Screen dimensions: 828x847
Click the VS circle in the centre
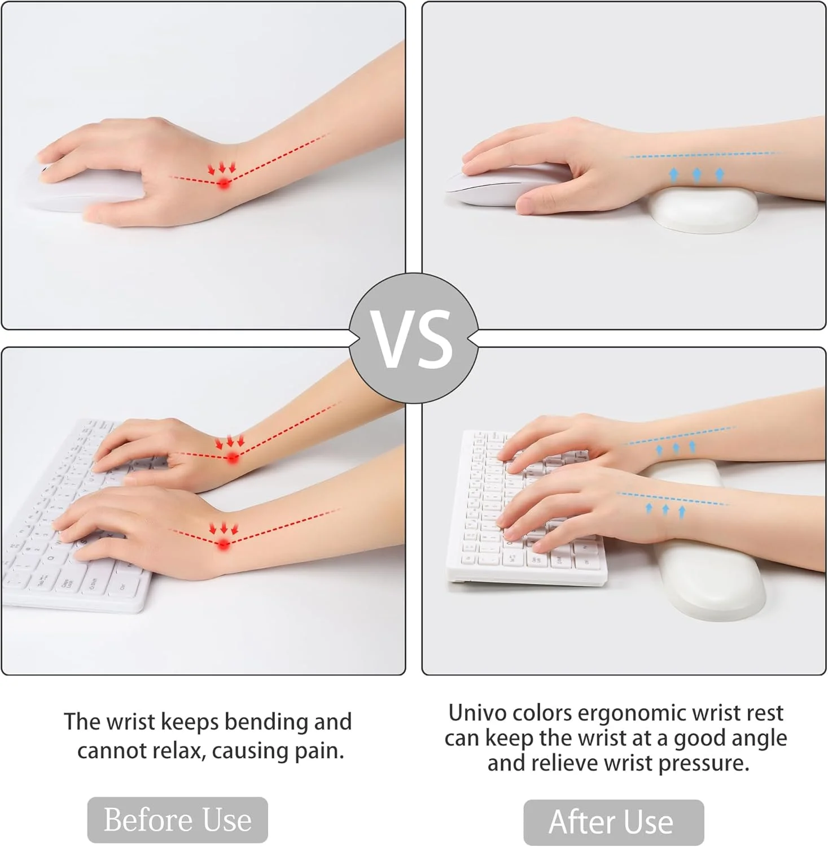[414, 338]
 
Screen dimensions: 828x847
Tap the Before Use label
[177, 820]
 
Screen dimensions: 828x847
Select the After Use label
[614, 822]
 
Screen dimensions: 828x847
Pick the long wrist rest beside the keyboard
[706, 542]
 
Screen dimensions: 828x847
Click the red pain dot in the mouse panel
[224, 183]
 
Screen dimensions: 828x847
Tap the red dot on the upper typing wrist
[233, 458]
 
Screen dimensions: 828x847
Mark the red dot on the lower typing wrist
[224, 544]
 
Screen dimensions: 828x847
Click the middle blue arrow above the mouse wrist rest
[696, 175]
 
